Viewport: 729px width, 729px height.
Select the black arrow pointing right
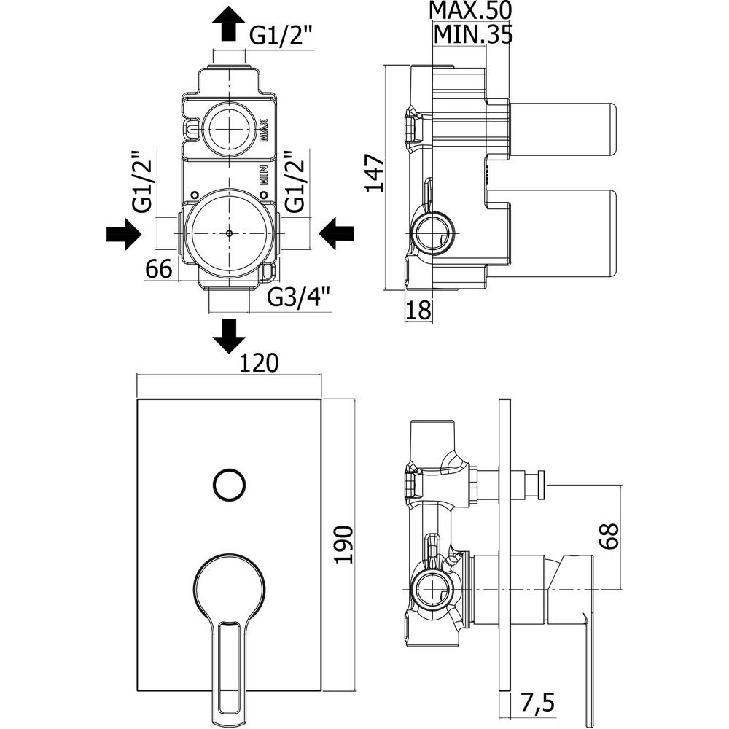[x=122, y=235]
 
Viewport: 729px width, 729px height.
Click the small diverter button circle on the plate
[x=229, y=484]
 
